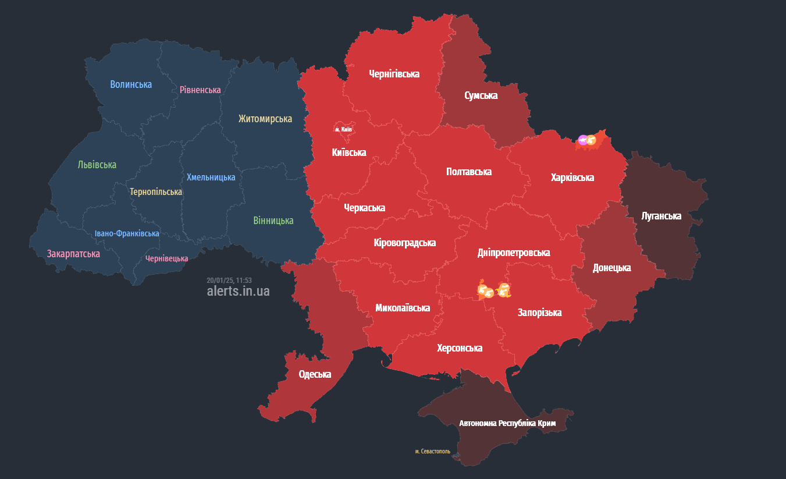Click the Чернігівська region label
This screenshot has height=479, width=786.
click(x=394, y=74)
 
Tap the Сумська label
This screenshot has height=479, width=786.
click(x=481, y=95)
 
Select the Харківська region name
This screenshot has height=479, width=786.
click(x=572, y=178)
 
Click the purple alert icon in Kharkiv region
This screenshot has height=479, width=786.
click(x=582, y=140)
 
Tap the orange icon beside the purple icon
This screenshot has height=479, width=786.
click(x=591, y=140)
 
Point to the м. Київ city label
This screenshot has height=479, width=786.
click(x=343, y=129)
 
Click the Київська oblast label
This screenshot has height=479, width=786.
click(x=348, y=152)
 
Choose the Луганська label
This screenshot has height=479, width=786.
click(x=661, y=216)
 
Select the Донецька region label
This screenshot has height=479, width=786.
click(x=611, y=268)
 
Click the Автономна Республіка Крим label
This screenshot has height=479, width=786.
click(x=507, y=423)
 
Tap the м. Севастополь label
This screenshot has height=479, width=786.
click(x=432, y=451)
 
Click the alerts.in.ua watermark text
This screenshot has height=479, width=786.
click(x=238, y=291)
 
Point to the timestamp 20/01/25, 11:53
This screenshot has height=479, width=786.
click(x=229, y=280)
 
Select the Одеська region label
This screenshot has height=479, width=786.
click(x=315, y=374)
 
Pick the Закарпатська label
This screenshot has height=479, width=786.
click(x=73, y=254)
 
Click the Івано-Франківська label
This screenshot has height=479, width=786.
click(x=127, y=233)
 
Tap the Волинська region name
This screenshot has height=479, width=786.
click(x=131, y=84)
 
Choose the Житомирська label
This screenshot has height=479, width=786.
click(x=265, y=119)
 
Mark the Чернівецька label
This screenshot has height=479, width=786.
click(x=166, y=258)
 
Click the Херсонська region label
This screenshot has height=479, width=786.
click(x=460, y=348)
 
